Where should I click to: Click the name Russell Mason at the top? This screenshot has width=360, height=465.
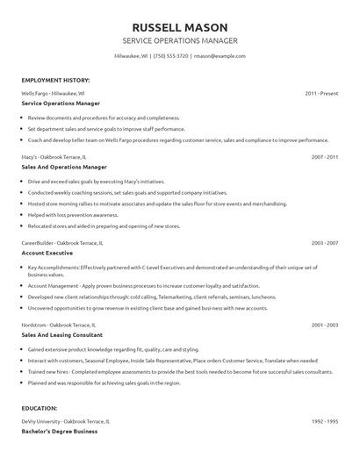[x=180, y=25]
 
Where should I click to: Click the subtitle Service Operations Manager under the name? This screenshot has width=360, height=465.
[x=180, y=40]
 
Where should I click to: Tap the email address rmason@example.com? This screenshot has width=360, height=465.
[x=220, y=55]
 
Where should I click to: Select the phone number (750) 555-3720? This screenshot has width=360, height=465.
[x=171, y=55]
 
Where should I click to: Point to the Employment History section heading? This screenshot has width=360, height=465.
[x=55, y=80]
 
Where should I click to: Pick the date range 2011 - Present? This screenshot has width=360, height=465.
[x=321, y=92]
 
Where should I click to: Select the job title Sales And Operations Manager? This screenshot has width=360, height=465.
[x=64, y=166]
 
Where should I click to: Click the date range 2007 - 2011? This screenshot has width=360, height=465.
[x=325, y=156]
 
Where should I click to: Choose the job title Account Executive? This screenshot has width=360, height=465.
[x=47, y=252]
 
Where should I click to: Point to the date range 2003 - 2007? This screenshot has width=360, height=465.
[x=325, y=242]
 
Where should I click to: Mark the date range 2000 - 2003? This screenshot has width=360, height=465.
[x=325, y=325]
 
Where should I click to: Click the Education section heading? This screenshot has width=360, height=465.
[x=40, y=408]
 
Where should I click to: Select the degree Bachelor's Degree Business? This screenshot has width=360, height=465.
[x=60, y=431]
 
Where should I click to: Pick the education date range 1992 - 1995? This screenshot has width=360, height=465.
[x=325, y=421]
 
